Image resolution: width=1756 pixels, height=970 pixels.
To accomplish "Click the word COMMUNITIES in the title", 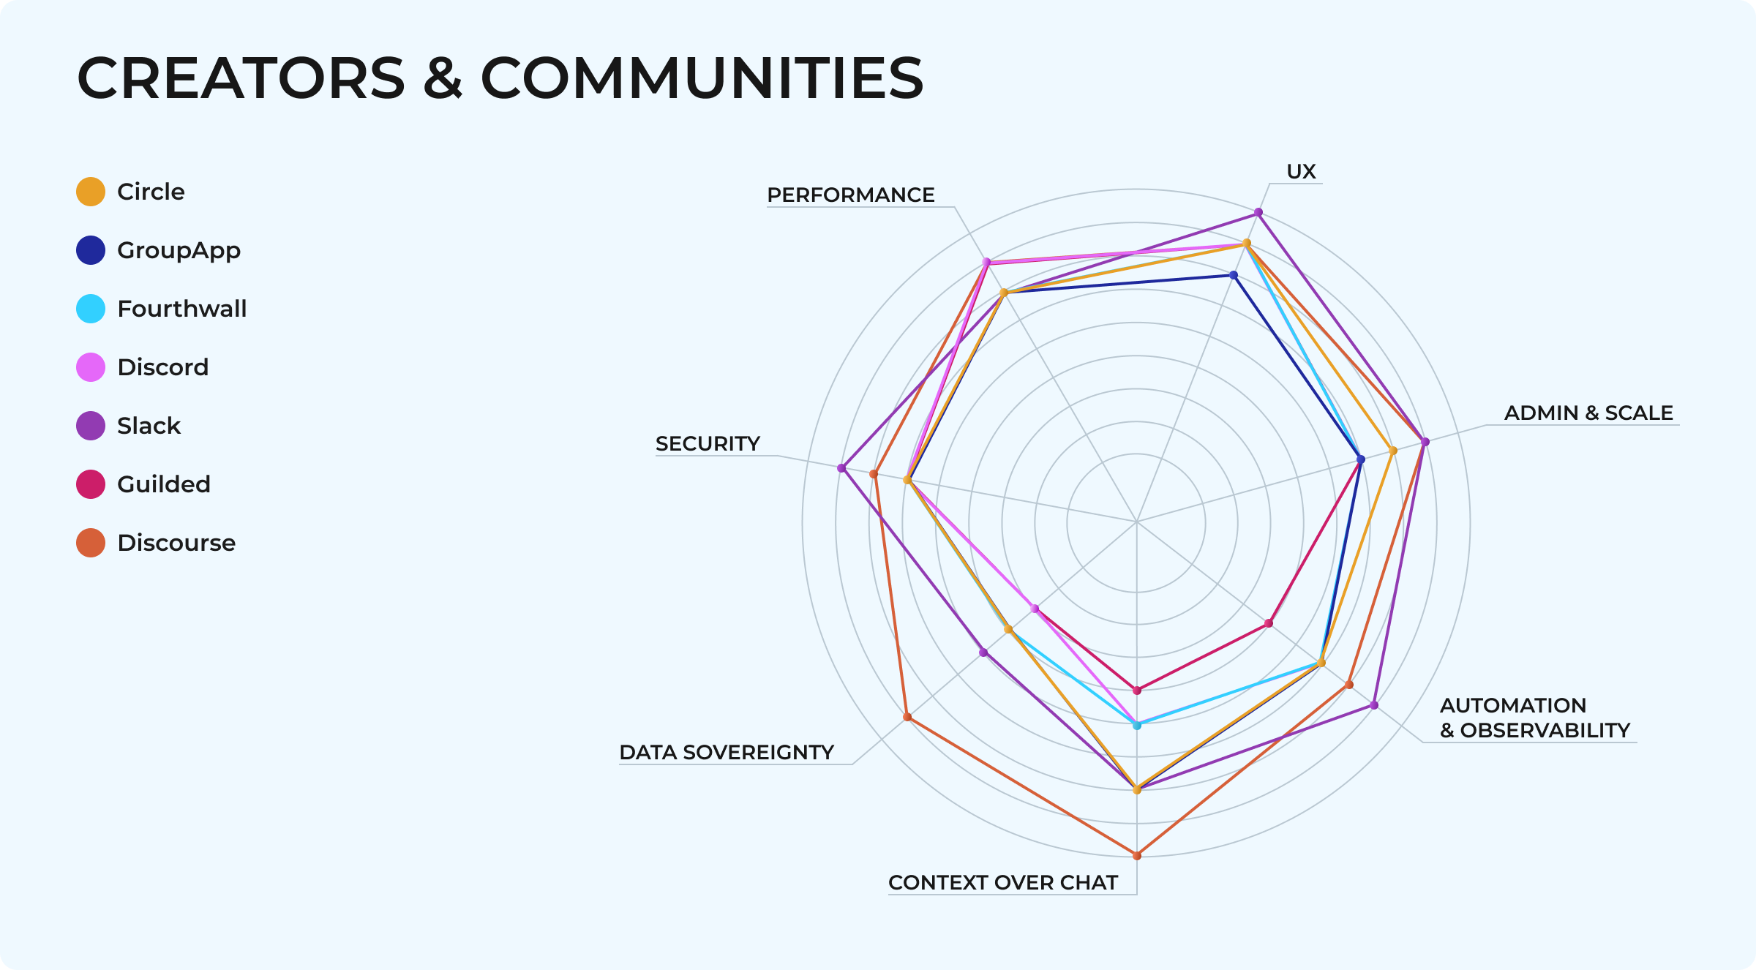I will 702,78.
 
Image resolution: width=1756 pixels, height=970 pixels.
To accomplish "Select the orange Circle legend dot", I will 91,192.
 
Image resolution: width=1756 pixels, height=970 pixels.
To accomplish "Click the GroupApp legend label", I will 179,250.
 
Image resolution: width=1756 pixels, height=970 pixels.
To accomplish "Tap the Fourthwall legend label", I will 181,309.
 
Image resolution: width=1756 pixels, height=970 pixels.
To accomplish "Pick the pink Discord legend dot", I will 91,367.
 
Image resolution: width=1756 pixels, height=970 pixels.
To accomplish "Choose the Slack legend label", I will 149,426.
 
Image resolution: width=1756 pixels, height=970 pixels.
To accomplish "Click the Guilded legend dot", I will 91,484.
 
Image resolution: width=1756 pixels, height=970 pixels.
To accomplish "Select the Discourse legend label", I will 176,543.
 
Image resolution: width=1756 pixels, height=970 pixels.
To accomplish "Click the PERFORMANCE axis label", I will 850,195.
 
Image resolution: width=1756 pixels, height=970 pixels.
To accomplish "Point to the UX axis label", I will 1301,171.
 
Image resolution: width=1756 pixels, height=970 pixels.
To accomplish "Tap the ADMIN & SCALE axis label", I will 1588,413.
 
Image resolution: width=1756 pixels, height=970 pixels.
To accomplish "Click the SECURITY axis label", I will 708,443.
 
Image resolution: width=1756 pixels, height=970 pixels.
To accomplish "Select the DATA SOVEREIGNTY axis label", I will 727,752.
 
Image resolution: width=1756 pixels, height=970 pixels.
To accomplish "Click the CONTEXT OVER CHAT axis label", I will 1002,882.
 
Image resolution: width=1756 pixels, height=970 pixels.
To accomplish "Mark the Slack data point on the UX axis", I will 1258,213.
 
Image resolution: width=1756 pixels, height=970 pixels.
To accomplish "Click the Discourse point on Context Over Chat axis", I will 1136,855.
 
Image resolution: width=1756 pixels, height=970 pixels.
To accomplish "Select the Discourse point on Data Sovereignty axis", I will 907,717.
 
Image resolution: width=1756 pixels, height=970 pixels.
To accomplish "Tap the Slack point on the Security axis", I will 841,468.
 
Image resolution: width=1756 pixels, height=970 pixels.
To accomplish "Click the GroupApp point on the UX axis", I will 1234,276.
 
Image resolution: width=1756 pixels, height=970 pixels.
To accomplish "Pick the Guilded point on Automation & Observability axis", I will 1269,623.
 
